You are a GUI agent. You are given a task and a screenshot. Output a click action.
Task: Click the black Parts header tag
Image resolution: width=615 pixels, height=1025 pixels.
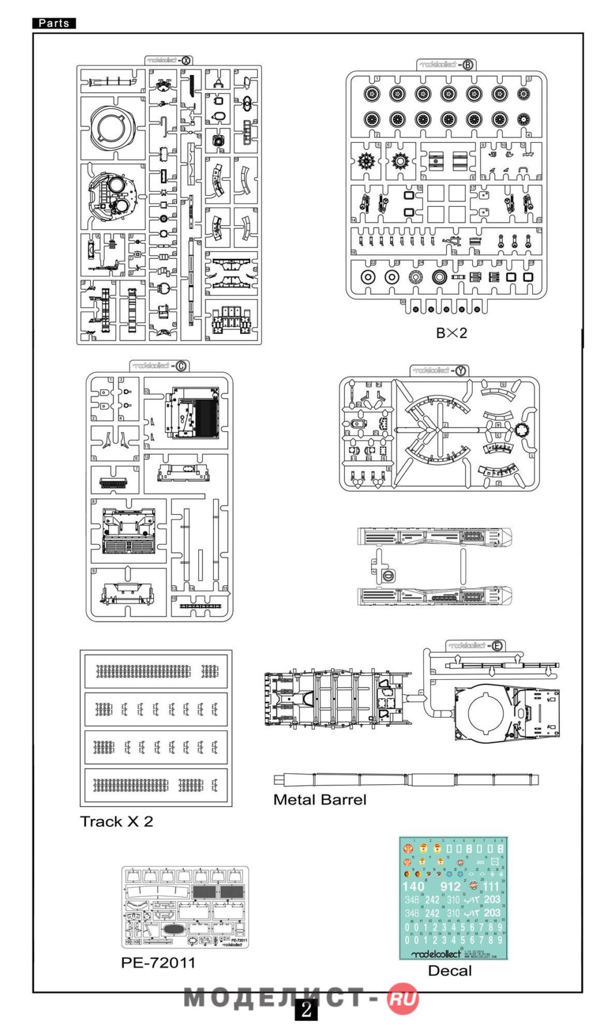point(54,23)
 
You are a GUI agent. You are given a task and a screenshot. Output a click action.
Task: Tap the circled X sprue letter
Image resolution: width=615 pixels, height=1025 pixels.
point(186,60)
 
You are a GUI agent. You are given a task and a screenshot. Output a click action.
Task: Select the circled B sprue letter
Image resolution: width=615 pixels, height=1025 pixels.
point(468,65)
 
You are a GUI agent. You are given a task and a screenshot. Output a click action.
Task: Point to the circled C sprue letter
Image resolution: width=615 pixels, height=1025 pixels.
point(181,366)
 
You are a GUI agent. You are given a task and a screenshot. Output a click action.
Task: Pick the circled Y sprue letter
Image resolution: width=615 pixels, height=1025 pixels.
point(461,370)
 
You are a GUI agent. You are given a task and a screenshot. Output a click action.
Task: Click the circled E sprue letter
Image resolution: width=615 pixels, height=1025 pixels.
point(497,646)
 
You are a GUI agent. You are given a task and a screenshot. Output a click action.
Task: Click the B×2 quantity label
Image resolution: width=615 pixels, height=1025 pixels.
point(451,333)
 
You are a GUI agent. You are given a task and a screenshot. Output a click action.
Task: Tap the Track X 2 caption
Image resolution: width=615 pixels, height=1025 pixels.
point(117,821)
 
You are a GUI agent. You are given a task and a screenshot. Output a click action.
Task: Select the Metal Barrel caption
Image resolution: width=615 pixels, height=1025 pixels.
point(320,800)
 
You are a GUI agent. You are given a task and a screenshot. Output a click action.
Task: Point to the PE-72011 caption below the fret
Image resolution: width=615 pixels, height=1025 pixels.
point(158,963)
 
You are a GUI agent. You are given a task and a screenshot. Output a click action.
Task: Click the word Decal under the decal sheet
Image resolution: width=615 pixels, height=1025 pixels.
point(450,970)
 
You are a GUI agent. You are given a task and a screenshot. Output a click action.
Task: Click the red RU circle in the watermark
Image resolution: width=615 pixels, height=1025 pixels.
point(402,999)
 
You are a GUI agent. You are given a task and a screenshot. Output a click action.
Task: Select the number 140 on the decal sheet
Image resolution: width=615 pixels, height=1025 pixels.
point(413,886)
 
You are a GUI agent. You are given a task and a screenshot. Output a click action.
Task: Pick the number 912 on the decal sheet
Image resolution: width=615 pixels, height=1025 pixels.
point(450,886)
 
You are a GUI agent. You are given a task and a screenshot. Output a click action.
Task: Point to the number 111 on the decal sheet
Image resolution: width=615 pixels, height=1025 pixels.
point(491,886)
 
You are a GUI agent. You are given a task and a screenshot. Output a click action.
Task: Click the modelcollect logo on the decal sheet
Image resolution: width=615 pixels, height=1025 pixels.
point(437,954)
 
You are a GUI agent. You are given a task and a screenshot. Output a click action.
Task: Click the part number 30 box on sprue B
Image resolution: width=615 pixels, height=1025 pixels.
point(403,302)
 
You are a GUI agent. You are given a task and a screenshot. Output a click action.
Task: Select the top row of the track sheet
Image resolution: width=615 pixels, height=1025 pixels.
point(156,671)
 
